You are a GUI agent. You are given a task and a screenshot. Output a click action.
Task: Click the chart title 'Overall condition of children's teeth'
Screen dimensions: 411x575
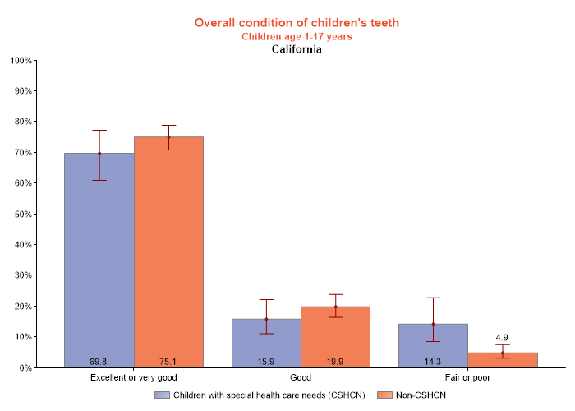point(297,22)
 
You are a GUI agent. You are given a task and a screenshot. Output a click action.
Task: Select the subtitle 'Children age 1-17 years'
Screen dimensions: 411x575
point(297,36)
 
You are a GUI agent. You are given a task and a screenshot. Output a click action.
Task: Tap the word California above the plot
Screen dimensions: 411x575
point(297,49)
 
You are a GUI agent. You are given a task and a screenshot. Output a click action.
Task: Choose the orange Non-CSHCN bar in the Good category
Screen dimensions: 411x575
point(335,337)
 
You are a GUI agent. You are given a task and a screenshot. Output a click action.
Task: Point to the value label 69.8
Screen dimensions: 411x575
point(99,361)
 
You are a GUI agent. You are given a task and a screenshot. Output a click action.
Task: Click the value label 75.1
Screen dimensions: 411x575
point(168,361)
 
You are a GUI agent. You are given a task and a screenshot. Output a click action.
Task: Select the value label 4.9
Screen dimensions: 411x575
point(503,338)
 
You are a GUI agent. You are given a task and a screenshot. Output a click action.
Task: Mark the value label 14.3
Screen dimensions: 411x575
point(433,361)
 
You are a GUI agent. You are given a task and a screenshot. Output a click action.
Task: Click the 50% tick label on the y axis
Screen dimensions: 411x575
point(21,214)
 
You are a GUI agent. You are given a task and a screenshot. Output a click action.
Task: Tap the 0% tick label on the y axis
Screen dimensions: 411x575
point(24,367)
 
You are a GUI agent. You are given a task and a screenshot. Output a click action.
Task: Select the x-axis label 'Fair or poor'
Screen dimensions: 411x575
point(467,377)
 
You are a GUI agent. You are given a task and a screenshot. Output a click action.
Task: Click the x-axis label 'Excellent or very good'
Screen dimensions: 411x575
point(134,377)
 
